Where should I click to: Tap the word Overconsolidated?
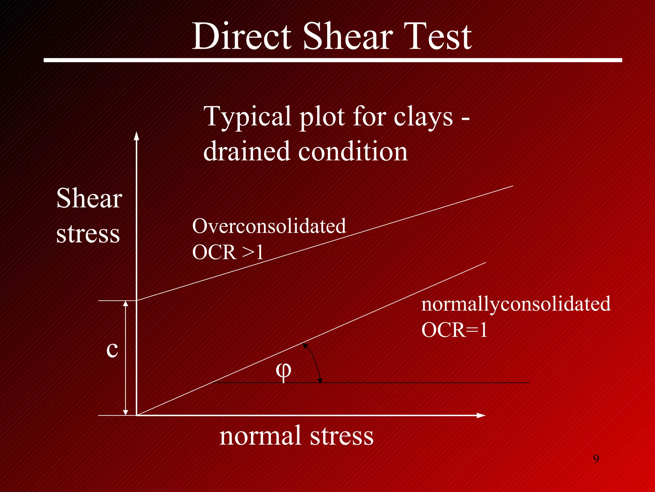coord(269,226)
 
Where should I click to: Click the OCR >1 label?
coord(228,252)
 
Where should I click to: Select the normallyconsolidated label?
coord(516,304)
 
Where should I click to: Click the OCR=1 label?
coord(454,330)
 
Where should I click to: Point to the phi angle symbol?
coord(283,372)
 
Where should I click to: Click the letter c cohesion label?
coord(112,349)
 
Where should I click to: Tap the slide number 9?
coord(596,459)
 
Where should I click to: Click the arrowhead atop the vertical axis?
coord(137,136)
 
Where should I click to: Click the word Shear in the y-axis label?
coord(89,199)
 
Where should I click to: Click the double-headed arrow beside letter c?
coord(126,358)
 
